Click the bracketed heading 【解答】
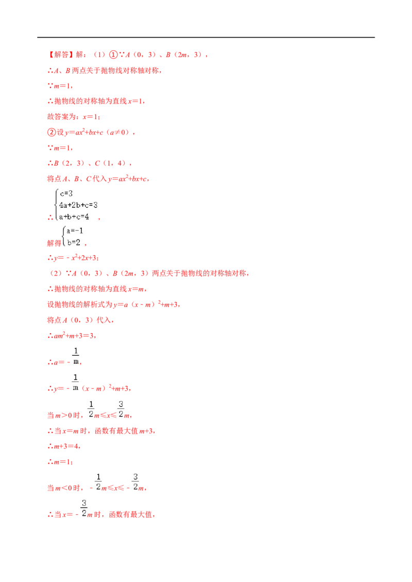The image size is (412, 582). tap(59, 54)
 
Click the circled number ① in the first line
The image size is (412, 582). tap(113, 54)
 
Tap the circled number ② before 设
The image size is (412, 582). tap(51, 132)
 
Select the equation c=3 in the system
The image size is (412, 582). tap(66, 193)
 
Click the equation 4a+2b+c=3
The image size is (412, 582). tap(78, 205)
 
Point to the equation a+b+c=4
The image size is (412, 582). tap(74, 216)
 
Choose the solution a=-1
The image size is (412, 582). tap(75, 231)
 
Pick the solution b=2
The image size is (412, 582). tap(74, 242)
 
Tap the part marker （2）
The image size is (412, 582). tap(56, 273)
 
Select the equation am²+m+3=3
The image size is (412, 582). tap(74, 336)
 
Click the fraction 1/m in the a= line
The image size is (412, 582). tap(76, 356)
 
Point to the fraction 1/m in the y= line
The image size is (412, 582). tap(76, 383)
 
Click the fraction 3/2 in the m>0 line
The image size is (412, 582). tap(121, 409)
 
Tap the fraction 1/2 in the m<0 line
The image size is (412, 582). tap(98, 482)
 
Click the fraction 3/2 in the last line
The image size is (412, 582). tap(84, 508)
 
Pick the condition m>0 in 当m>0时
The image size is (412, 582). tap(63, 415)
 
